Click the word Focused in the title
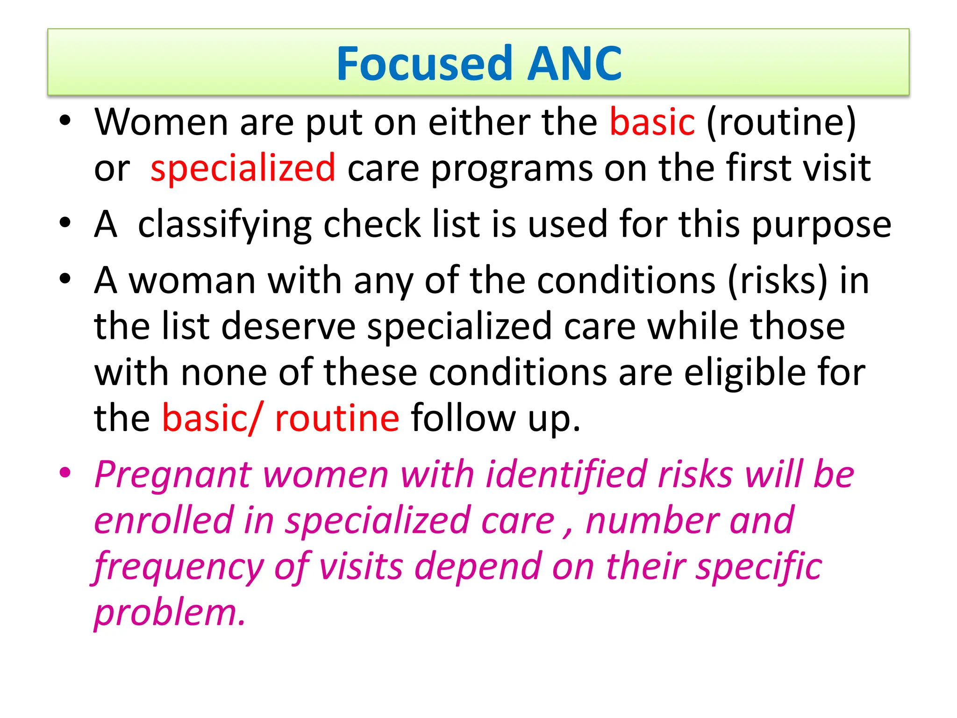click(x=424, y=64)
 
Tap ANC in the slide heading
click(x=574, y=64)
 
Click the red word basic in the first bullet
click(x=652, y=122)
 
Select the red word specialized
click(x=243, y=168)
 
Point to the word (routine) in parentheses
click(x=781, y=122)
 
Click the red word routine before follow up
click(x=337, y=418)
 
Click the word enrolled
click(x=164, y=521)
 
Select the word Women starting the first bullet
click(x=161, y=122)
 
